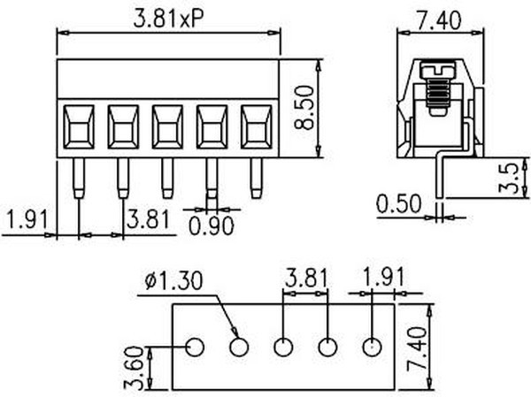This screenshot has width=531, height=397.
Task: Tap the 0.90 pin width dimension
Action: point(212,226)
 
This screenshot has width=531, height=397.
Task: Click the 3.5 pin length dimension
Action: point(505,177)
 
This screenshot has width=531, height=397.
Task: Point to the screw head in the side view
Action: point(439,69)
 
